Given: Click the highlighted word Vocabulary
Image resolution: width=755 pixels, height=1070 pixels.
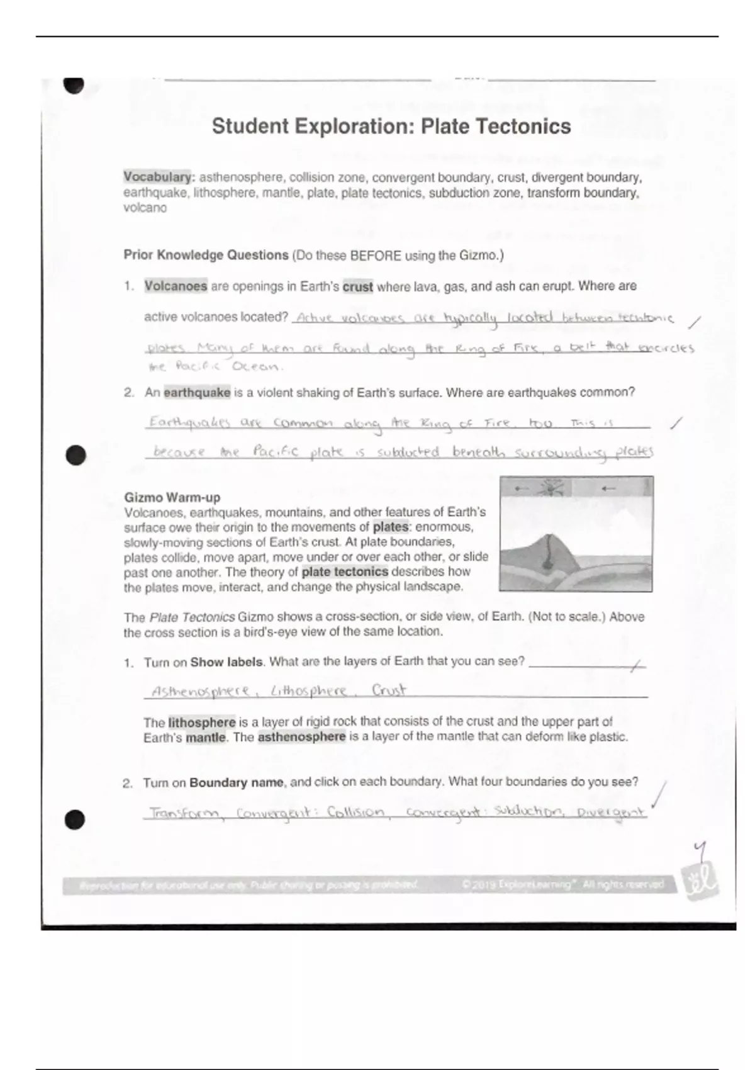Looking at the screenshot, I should pyautogui.click(x=157, y=177).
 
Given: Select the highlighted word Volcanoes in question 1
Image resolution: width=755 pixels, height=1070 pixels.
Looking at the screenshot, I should pyautogui.click(x=176, y=286).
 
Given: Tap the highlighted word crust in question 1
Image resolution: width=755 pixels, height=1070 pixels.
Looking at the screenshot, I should pyautogui.click(x=357, y=287).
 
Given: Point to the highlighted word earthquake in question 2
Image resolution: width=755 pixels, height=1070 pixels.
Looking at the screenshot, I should pyautogui.click(x=197, y=393).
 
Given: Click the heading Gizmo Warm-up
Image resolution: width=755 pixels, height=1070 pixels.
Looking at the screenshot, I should pyautogui.click(x=172, y=498).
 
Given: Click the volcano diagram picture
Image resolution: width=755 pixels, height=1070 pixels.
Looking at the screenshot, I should pyautogui.click(x=576, y=534).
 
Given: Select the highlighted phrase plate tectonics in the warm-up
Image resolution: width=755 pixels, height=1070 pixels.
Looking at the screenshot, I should pyautogui.click(x=345, y=572).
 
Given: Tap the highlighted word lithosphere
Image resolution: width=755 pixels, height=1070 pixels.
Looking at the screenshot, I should pyautogui.click(x=201, y=723).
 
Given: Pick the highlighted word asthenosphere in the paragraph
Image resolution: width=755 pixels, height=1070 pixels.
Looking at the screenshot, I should pyautogui.click(x=301, y=737).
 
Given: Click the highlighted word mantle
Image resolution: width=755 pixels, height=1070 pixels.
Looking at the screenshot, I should pyautogui.click(x=205, y=738).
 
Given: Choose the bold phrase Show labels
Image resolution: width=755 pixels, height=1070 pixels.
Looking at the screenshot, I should pyautogui.click(x=226, y=662).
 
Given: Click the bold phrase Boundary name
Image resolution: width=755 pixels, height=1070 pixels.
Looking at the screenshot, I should pyautogui.click(x=236, y=783).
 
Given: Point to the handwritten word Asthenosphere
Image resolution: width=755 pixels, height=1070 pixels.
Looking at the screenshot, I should pyautogui.click(x=200, y=692).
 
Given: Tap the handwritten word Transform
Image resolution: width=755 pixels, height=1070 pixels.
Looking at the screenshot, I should pyautogui.click(x=185, y=813).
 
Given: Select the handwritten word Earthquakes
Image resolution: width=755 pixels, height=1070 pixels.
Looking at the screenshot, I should pyautogui.click(x=189, y=423).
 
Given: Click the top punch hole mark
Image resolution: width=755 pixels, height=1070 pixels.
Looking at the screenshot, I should pyautogui.click(x=74, y=84).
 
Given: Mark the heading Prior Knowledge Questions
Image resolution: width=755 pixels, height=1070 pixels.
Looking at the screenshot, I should pyautogui.click(x=206, y=256).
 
